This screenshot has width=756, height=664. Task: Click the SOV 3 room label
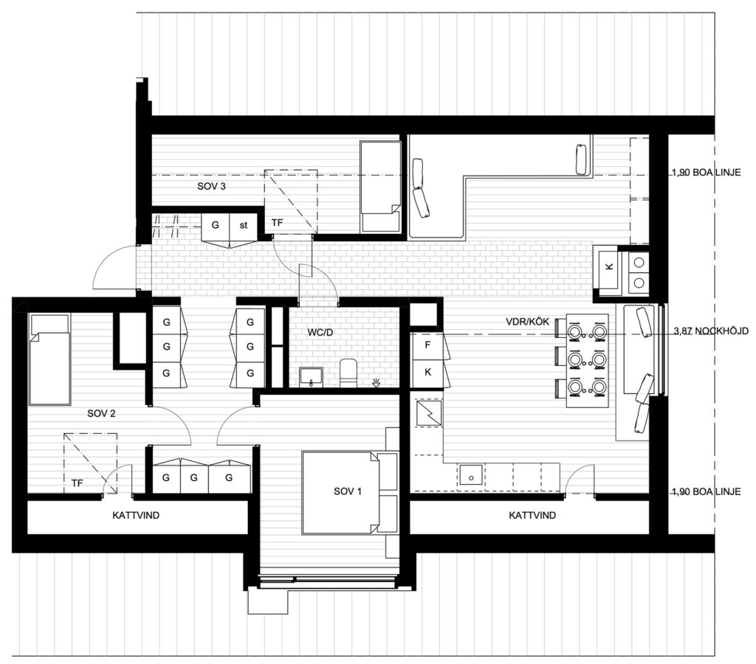pyautogui.click(x=211, y=186)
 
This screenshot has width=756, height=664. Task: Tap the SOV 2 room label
pyautogui.click(x=101, y=413)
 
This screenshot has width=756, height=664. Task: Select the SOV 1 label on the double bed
pyautogui.click(x=347, y=491)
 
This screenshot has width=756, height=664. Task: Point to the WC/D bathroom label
pyautogui.click(x=320, y=333)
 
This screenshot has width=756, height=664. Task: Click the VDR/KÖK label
pyautogui.click(x=527, y=322)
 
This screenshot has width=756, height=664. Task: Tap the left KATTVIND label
pyautogui.click(x=136, y=515)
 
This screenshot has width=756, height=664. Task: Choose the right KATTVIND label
pyautogui.click(x=532, y=515)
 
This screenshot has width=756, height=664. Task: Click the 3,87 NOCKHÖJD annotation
pyautogui.click(x=711, y=331)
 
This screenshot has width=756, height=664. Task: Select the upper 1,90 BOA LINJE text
pyautogui.click(x=707, y=172)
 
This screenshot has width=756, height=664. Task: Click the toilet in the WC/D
pyautogui.click(x=348, y=373)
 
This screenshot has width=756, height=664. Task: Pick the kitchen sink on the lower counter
pyautogui.click(x=472, y=474)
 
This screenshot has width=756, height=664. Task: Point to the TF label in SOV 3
pyautogui.click(x=277, y=223)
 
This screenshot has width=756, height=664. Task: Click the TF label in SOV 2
pyautogui.click(x=77, y=483)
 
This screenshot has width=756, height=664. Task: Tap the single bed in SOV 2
pyautogui.click(x=49, y=359)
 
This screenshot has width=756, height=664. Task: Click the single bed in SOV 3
pyautogui.click(x=381, y=187)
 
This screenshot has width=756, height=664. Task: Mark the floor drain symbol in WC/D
pyautogui.click(x=376, y=384)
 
